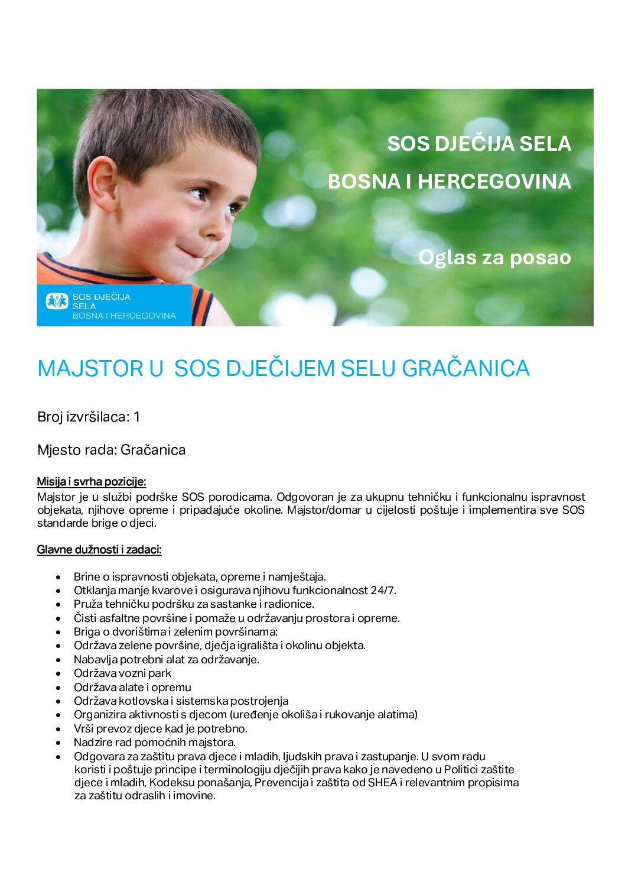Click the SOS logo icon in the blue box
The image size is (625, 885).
point(57,302)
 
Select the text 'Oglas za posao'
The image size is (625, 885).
point(494,257)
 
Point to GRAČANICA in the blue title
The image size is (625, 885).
point(466,368)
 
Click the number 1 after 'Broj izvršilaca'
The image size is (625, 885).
point(137,417)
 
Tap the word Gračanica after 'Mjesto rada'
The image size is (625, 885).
point(153,450)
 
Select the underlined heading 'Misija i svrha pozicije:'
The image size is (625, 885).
point(92,481)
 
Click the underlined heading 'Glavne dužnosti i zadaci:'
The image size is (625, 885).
point(99,550)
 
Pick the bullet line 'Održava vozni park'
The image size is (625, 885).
point(122,673)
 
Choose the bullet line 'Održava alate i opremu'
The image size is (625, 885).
point(132,687)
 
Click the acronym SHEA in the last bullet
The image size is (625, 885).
point(382,783)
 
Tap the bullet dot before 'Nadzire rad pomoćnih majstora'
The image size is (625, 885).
point(58,743)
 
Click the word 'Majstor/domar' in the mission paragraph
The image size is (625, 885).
point(324,510)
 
